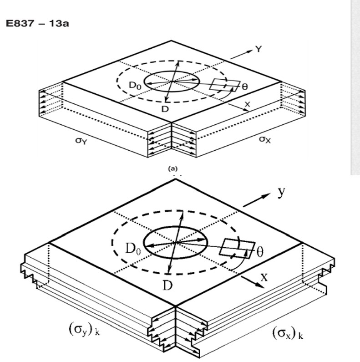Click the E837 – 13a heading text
pyautogui.click(x=37, y=24)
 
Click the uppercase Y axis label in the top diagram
pyautogui.click(x=259, y=49)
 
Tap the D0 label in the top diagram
pyautogui.click(x=135, y=86)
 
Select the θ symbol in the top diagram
pyautogui.click(x=245, y=87)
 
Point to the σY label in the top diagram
pyautogui.click(x=81, y=141)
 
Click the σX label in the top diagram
pyautogui.click(x=264, y=139)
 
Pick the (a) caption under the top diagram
pyautogui.click(x=173, y=169)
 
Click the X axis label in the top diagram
pyautogui.click(x=247, y=104)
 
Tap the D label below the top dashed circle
pyautogui.click(x=165, y=109)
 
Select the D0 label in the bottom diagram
pyautogui.click(x=133, y=249)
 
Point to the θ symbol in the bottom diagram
pyautogui.click(x=260, y=252)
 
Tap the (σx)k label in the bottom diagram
pyautogui.click(x=288, y=333)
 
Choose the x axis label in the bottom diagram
pyautogui.click(x=264, y=277)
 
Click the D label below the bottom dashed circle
pyautogui.click(x=167, y=286)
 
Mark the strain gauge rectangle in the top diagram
pyautogui.click(x=225, y=85)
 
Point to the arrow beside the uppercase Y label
pyautogui.click(x=241, y=55)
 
